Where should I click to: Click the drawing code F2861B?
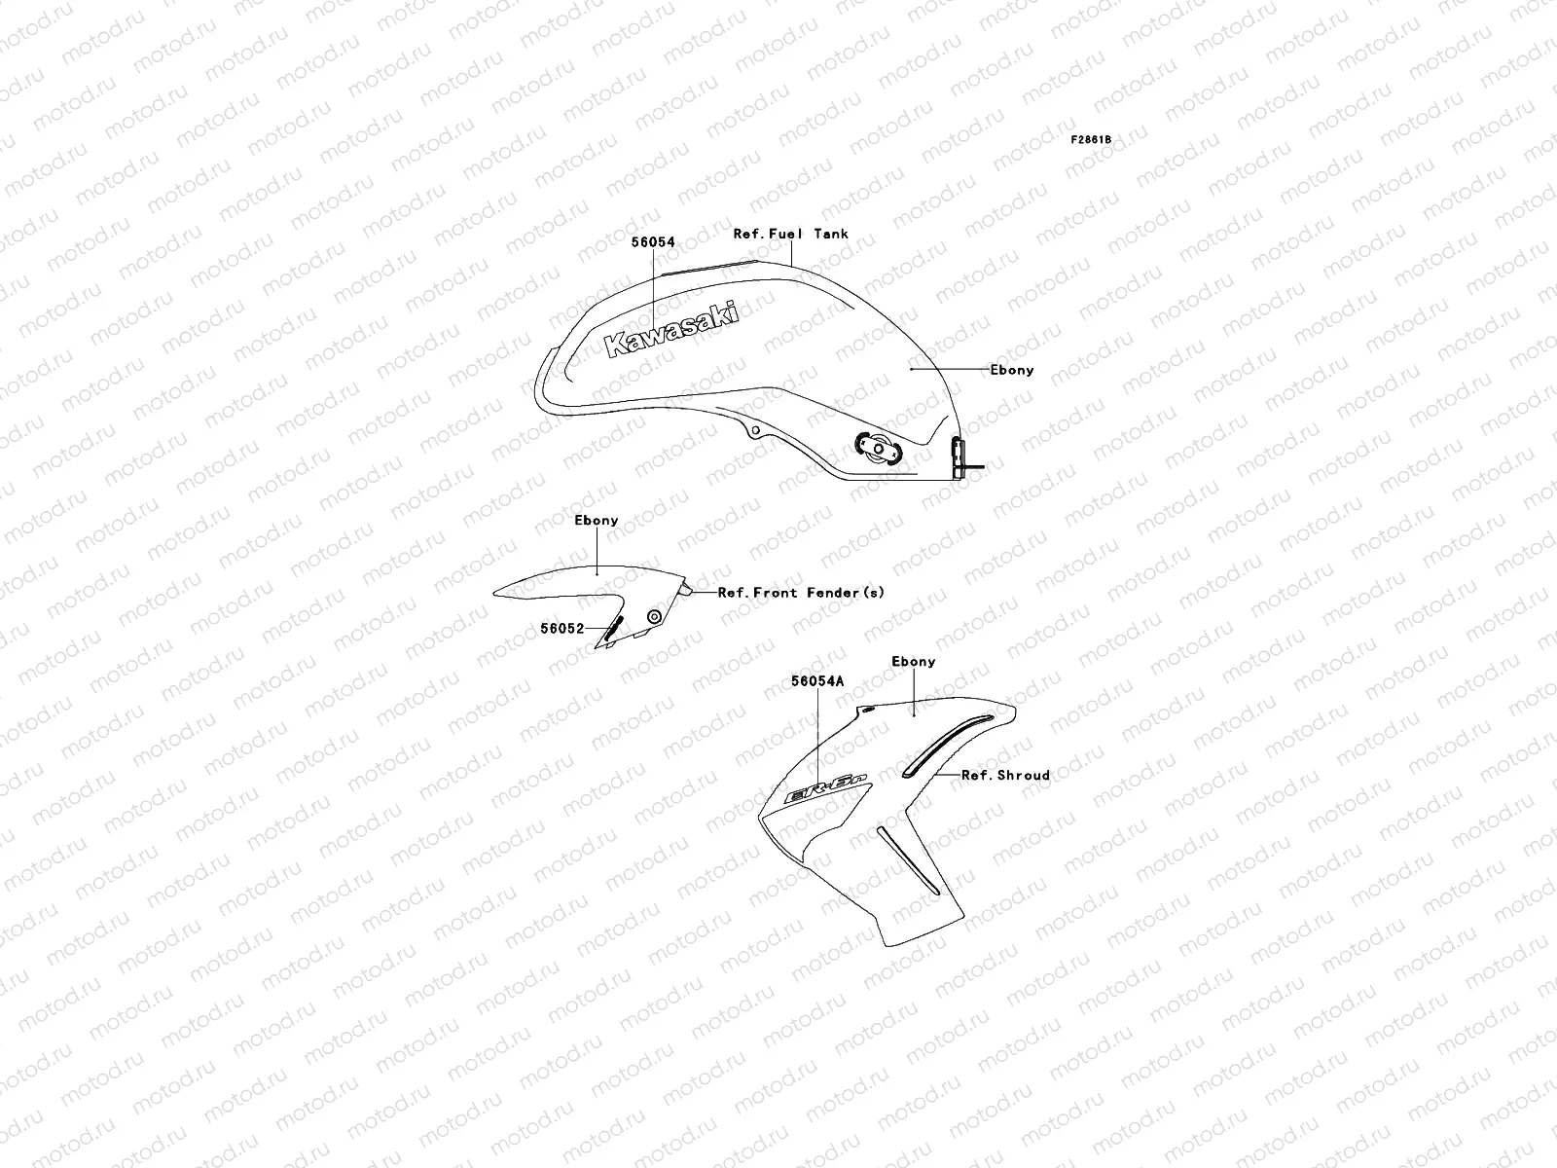coord(1091,140)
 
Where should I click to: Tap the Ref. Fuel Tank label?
coord(790,234)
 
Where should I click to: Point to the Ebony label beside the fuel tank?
coord(1012,370)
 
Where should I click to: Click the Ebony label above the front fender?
coord(596,521)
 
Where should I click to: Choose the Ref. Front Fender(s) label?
coord(801,592)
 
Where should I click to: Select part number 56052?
coord(562,629)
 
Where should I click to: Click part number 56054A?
coord(817,682)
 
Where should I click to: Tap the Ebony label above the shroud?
coord(914,662)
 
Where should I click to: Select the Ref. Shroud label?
coord(1005,775)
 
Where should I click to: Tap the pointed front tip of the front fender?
coord(496,590)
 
